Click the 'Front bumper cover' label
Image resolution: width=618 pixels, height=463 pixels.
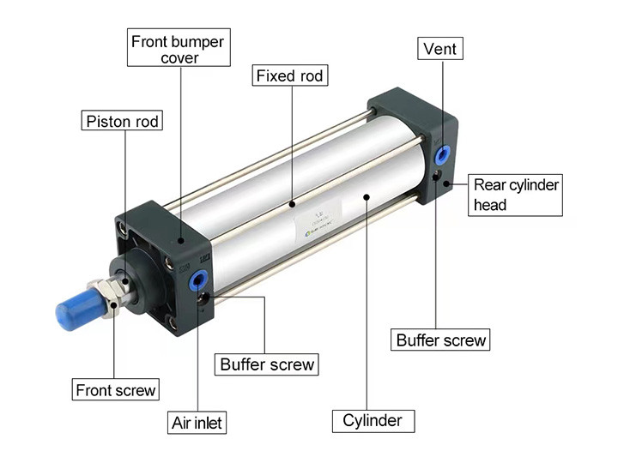tap(179, 49)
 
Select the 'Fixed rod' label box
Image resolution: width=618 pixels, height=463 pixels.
tap(290, 76)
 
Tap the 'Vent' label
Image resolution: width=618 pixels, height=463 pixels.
tap(440, 49)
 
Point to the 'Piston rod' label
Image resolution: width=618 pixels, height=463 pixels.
tap(123, 121)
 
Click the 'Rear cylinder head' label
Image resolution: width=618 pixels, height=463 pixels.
tap(515, 195)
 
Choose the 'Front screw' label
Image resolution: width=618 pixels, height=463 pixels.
tap(116, 390)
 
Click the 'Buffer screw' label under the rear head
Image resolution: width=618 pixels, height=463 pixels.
tap(441, 340)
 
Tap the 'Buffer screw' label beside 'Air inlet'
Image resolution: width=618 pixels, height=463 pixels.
tap(267, 364)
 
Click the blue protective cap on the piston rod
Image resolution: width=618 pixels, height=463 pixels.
tap(74, 310)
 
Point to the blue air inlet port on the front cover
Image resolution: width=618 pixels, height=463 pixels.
tap(199, 279)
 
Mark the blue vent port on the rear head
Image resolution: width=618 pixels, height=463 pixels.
tap(443, 154)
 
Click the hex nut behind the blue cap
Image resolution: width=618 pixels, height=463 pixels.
tap(109, 298)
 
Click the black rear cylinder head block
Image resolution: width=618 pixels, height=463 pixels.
tap(412, 129)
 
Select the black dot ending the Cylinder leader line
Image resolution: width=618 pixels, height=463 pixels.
tap(367, 196)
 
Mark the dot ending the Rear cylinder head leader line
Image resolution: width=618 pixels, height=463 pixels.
tap(448, 181)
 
